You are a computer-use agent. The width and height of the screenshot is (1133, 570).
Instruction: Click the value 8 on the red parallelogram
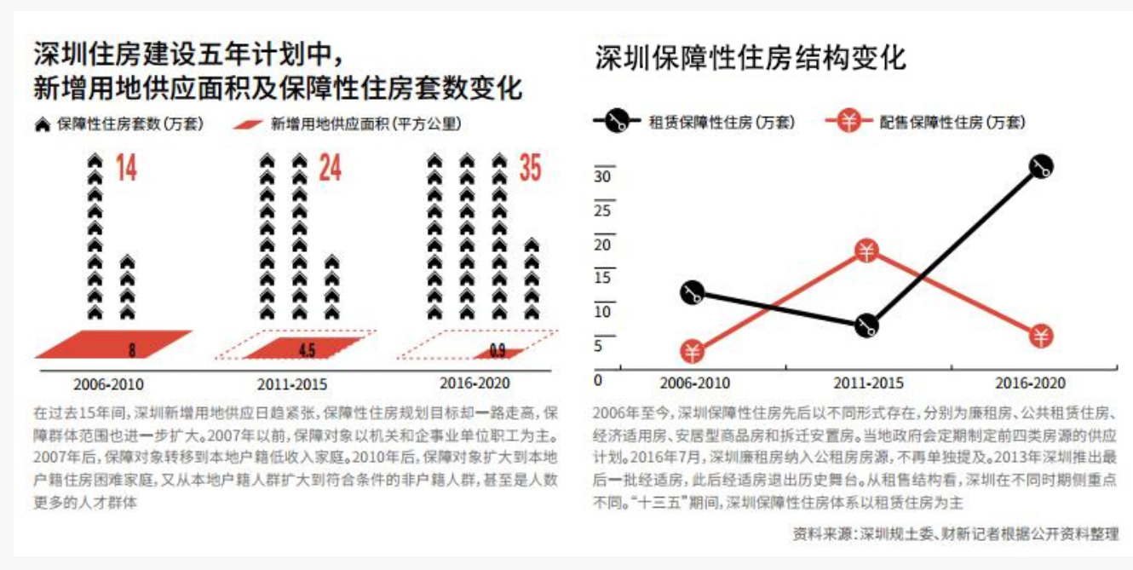[131, 349]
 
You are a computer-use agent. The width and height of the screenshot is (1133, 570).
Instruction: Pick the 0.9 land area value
[497, 350]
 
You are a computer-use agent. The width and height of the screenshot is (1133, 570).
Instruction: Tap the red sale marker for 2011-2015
[866, 251]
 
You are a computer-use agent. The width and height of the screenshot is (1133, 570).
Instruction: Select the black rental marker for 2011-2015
[866, 325]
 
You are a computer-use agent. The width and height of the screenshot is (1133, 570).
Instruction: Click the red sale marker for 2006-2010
[692, 351]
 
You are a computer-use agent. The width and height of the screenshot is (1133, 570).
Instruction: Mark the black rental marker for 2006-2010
[692, 293]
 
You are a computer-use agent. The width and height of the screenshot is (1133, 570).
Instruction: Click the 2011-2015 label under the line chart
[867, 384]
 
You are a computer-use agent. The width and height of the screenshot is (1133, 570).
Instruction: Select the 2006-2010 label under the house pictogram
[109, 384]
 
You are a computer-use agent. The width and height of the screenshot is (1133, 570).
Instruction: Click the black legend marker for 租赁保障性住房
[618, 123]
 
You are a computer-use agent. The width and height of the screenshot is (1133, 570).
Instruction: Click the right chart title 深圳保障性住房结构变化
[751, 58]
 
